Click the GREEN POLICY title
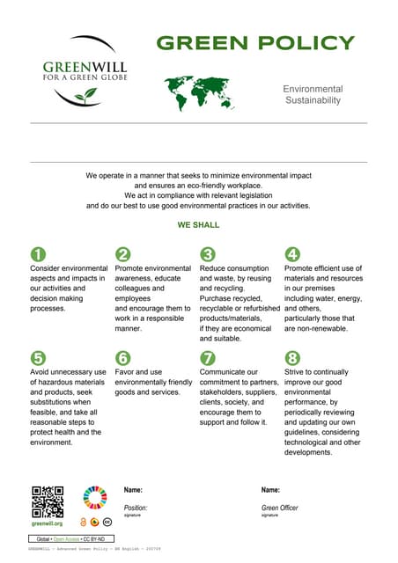tap(255, 43)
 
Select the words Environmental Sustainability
tap(313, 95)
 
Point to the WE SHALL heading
tap(198, 225)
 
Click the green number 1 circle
tap(38, 254)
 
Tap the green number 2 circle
tap(123, 254)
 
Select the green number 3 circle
tap(208, 254)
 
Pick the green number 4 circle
tap(292, 254)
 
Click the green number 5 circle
tap(38, 358)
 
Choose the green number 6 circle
tap(123, 358)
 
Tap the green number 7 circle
tap(208, 358)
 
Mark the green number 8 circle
tap(292, 358)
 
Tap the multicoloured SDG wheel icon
tap(93, 499)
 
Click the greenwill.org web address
tap(47, 523)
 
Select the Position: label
tap(136, 508)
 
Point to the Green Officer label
tap(281, 508)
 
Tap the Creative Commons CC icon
tap(106, 522)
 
